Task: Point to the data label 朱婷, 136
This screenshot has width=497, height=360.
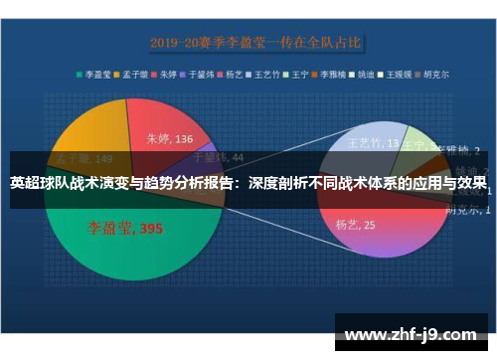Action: (170, 140)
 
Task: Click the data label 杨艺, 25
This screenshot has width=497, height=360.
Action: (355, 225)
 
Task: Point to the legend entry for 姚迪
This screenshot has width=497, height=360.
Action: (363, 74)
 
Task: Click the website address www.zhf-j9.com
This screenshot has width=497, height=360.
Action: (408, 334)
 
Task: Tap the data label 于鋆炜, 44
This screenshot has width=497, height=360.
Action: (218, 156)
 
